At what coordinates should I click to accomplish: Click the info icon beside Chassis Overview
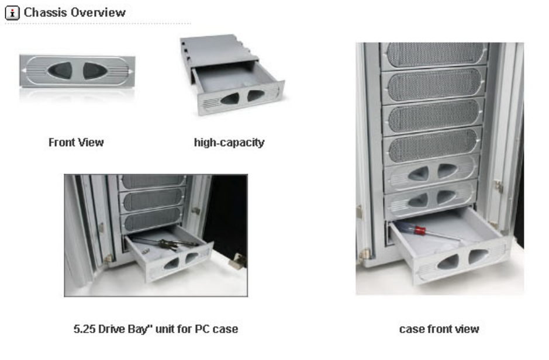12,12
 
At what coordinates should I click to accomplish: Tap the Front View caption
76,142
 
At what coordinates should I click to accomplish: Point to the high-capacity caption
229,142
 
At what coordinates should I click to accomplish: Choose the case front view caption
438,329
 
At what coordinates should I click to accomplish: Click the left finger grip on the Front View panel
60,71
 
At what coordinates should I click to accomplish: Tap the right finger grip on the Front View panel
94,71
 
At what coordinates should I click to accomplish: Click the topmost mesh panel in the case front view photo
433,54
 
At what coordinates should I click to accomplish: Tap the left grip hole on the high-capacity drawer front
230,99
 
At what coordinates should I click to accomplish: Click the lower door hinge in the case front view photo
364,254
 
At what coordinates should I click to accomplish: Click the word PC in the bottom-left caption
187,329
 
